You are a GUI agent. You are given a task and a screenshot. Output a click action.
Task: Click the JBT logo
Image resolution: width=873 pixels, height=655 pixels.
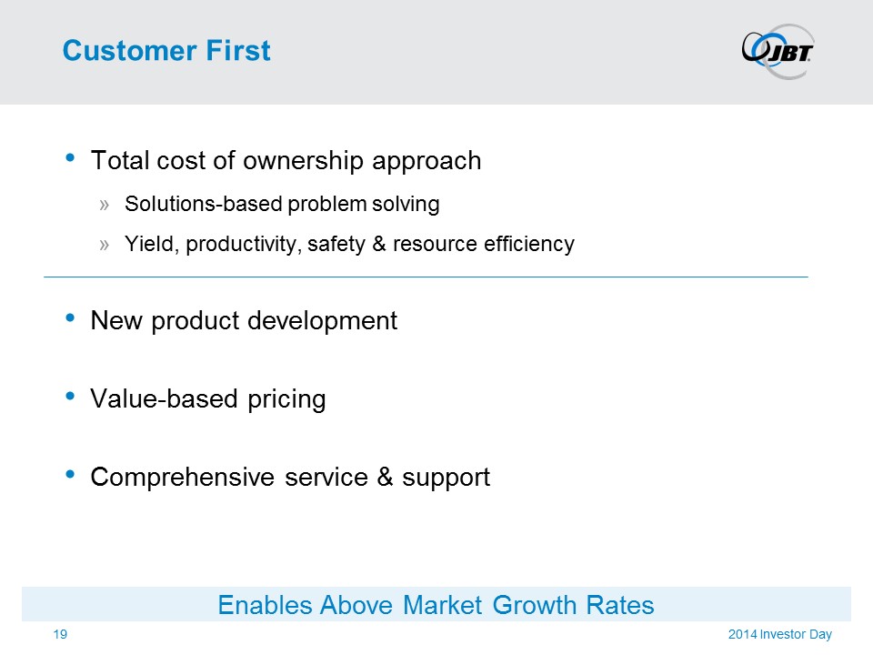778,51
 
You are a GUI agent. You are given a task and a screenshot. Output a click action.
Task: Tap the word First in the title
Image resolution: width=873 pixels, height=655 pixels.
238,51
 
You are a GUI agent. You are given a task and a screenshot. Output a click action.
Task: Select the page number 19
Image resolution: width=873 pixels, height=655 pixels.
60,634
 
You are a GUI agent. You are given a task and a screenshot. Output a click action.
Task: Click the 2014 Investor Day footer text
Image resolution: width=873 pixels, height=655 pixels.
780,634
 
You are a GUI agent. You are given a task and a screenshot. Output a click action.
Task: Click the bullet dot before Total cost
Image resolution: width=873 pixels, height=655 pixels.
70,157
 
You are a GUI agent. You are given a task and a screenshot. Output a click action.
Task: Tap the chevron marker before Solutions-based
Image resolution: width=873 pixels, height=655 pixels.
104,205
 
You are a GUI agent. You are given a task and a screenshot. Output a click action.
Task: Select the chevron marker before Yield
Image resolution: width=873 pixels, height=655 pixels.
104,245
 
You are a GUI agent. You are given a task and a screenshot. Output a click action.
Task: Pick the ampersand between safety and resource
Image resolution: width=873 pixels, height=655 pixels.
378,244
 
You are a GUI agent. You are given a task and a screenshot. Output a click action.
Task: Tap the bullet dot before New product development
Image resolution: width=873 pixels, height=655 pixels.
70,317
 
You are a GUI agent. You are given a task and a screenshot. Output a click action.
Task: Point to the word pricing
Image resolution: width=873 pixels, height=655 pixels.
286,400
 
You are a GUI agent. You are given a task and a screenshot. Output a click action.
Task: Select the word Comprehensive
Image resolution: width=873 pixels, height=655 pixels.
183,478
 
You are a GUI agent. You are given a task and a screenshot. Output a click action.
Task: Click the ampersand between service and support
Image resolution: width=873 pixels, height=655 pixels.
385,477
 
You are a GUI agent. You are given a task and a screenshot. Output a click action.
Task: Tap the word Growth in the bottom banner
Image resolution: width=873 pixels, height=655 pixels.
535,606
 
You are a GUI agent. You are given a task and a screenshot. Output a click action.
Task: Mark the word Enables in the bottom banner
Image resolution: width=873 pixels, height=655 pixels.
265,606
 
